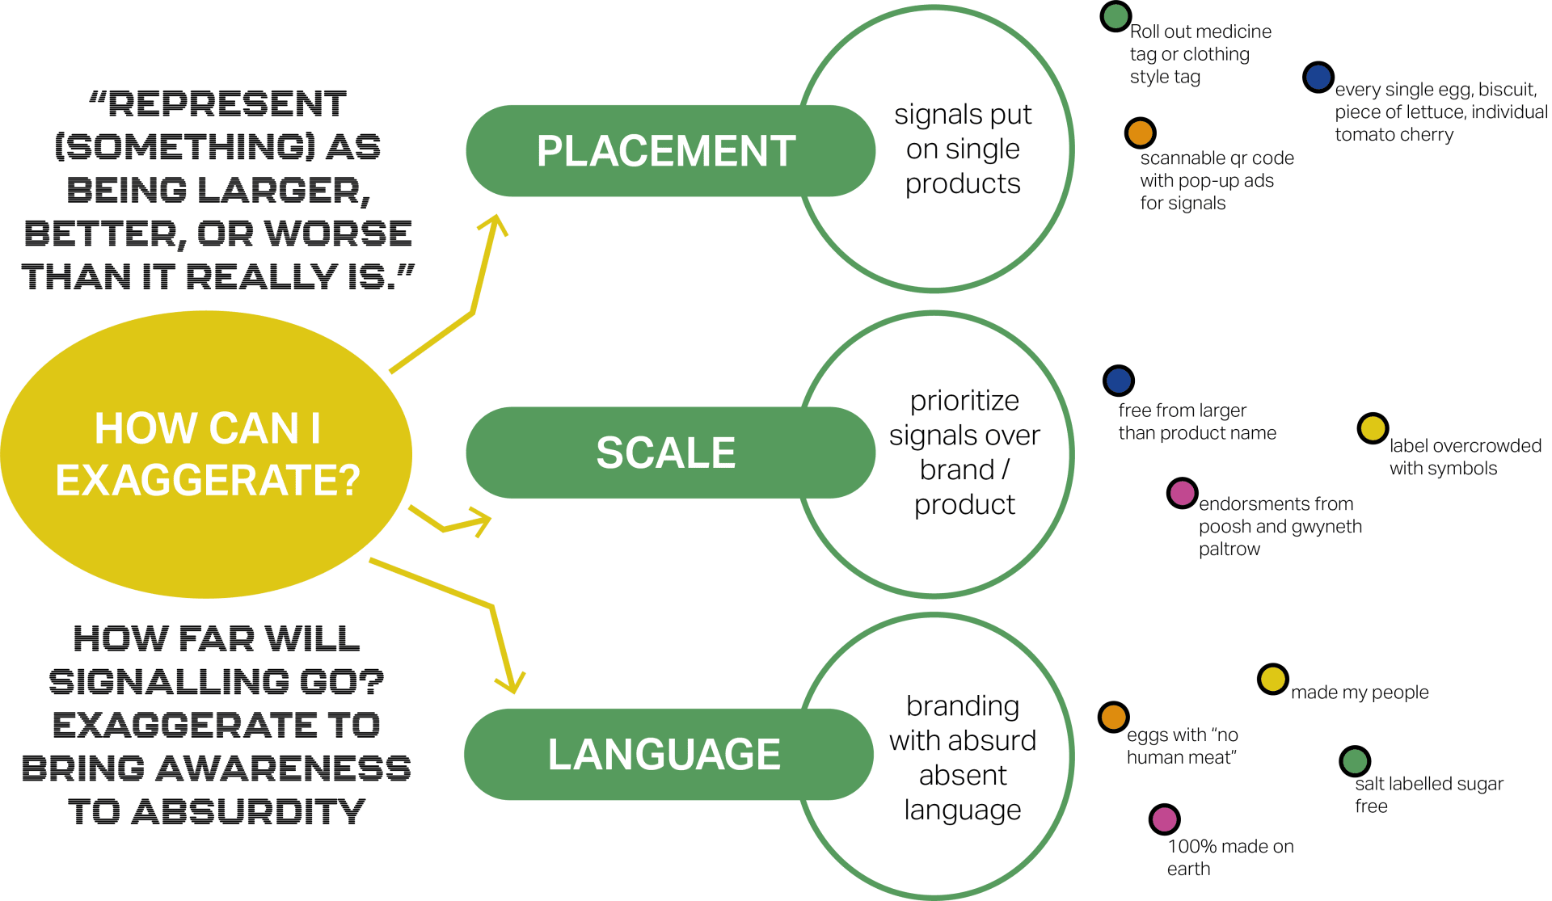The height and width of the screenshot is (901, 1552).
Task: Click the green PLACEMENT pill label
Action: (667, 151)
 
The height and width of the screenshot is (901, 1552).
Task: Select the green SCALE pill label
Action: (667, 453)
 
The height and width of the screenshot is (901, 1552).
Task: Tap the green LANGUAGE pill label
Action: (664, 754)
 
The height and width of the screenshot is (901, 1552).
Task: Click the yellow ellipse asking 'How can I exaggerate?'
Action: (207, 454)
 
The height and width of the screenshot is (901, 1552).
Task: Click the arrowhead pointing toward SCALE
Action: (480, 520)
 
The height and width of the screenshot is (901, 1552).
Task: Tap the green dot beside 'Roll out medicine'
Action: (1115, 16)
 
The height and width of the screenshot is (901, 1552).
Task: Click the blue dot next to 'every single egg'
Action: (1318, 77)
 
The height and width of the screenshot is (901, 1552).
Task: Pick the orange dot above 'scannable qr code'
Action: (1140, 133)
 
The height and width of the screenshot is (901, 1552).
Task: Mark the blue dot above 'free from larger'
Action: (1119, 380)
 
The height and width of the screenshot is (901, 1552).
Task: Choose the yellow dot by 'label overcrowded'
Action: (1373, 428)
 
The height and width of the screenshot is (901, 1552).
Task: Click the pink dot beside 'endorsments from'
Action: (1182, 493)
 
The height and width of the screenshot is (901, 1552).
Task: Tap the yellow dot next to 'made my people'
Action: (1272, 680)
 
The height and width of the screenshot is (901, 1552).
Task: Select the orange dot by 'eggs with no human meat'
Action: (1113, 717)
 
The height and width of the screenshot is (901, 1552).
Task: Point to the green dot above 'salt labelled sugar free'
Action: (1355, 761)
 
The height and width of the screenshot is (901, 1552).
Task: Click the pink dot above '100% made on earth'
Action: (1164, 819)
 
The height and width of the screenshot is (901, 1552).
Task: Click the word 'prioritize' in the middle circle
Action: (964, 401)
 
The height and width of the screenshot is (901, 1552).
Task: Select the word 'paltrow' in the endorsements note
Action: (1229, 549)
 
